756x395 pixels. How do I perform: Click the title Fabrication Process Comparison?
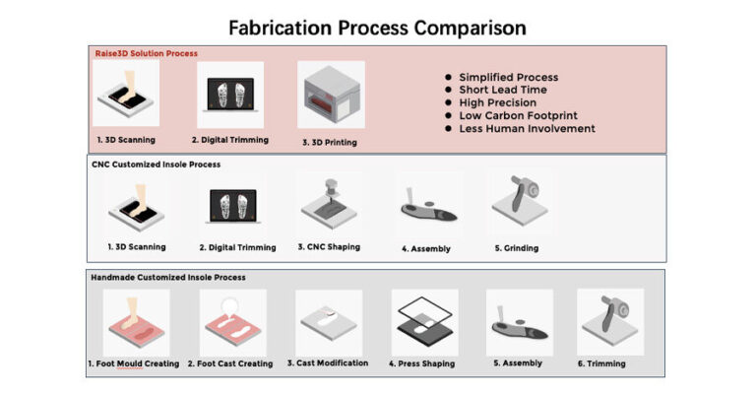tap(377, 28)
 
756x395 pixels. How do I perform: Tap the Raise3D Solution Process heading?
tap(146, 53)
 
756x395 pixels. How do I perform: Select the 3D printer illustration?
tap(331, 95)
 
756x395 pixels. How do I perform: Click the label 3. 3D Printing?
tap(330, 142)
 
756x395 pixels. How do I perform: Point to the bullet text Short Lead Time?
tap(503, 90)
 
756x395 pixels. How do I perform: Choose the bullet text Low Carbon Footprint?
tap(519, 116)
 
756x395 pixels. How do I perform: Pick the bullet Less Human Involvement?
tap(527, 129)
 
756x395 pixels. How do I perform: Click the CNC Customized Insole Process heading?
tap(157, 165)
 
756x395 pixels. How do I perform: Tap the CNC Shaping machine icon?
tap(330, 204)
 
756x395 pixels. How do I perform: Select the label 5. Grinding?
tap(517, 248)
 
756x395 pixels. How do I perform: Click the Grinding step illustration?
tap(520, 201)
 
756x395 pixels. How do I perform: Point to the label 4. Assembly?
tap(426, 249)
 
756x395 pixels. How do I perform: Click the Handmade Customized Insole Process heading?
tap(168, 278)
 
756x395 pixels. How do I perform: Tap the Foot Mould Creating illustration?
tap(137, 322)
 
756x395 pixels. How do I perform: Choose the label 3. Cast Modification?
tap(328, 362)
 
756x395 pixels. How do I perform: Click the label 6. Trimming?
tap(601, 363)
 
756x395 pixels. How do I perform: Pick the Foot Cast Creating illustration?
tap(233, 322)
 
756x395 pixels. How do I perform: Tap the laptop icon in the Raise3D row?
tap(230, 95)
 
